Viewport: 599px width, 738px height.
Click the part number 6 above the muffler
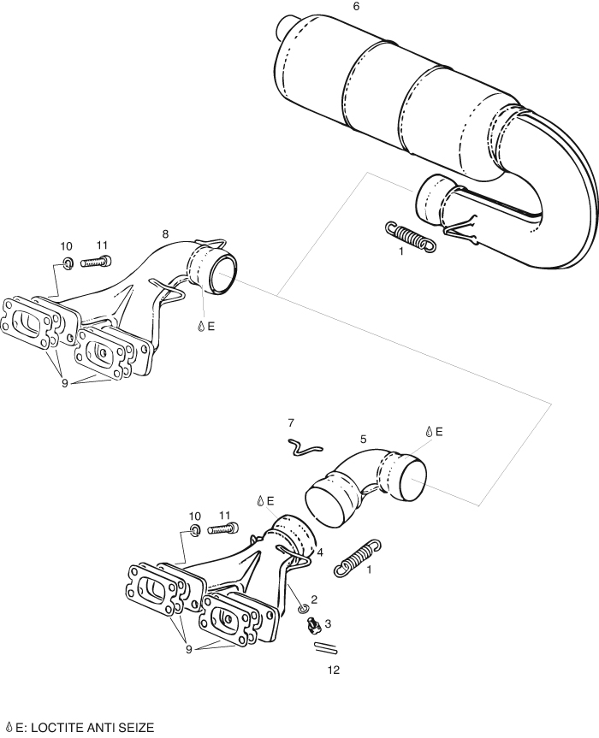coord(356,7)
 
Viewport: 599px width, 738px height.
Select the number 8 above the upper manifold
coord(165,234)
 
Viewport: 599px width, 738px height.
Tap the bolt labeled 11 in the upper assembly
coord(98,261)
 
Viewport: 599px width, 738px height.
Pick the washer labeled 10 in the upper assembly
coord(68,263)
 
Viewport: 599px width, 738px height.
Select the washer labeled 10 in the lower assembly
coord(194,530)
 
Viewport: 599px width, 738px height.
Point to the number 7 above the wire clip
coord(291,423)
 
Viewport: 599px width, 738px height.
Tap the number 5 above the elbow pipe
coord(363,440)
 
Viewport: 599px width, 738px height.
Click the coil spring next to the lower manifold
coord(358,558)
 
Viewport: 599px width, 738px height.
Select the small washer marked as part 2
coord(303,610)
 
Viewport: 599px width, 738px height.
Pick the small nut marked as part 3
coord(312,624)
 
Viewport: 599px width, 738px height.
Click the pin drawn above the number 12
coord(325,647)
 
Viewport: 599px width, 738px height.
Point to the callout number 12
coord(334,670)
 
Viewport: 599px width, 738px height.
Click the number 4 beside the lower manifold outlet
coord(320,552)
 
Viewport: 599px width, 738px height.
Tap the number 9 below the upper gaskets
coord(64,383)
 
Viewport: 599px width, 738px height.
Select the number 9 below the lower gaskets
coord(189,650)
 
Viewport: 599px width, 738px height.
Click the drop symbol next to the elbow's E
coord(429,432)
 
